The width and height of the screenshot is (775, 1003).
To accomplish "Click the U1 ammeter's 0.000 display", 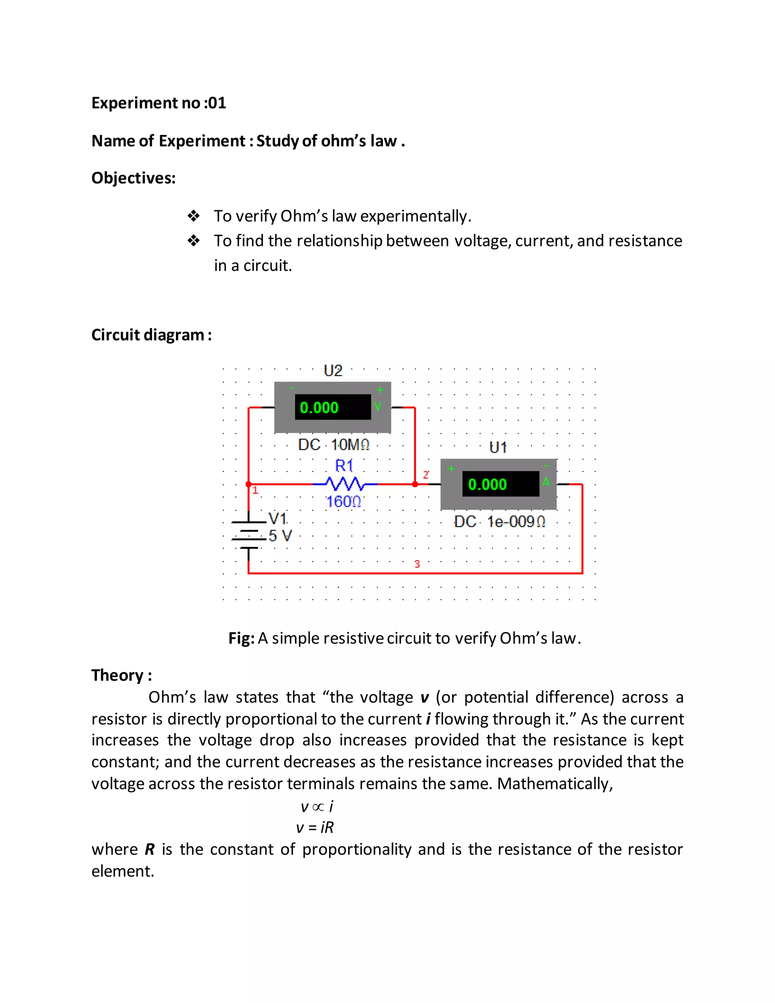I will pos(500,484).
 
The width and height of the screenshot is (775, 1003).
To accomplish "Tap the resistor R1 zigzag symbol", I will pos(344,484).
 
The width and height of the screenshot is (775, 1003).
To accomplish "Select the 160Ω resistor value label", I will pos(344,501).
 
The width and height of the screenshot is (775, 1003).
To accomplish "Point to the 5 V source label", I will pos(280,536).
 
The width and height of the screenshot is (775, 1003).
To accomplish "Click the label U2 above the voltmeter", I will pos(333,371).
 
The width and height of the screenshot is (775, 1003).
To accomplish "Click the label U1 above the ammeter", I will pos(498,447).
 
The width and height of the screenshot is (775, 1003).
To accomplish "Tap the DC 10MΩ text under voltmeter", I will pos(333,445).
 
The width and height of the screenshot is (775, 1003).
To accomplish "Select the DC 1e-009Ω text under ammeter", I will pos(500,522).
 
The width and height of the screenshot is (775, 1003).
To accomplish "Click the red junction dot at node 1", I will pos(248,484).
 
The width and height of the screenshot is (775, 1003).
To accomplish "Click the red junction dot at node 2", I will pos(415,484).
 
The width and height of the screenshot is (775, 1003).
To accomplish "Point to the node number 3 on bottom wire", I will pos(417,564).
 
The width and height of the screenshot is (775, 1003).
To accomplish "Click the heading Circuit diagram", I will pos(151,335).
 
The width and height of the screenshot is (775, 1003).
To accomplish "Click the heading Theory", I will pos(121,675).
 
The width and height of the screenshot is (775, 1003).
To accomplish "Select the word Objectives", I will pos(133,178).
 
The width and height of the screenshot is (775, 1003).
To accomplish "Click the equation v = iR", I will pos(314,827).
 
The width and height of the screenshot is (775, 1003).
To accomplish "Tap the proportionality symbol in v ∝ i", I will pos(318,807).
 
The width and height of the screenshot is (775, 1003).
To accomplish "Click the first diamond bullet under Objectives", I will pos(194,216).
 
